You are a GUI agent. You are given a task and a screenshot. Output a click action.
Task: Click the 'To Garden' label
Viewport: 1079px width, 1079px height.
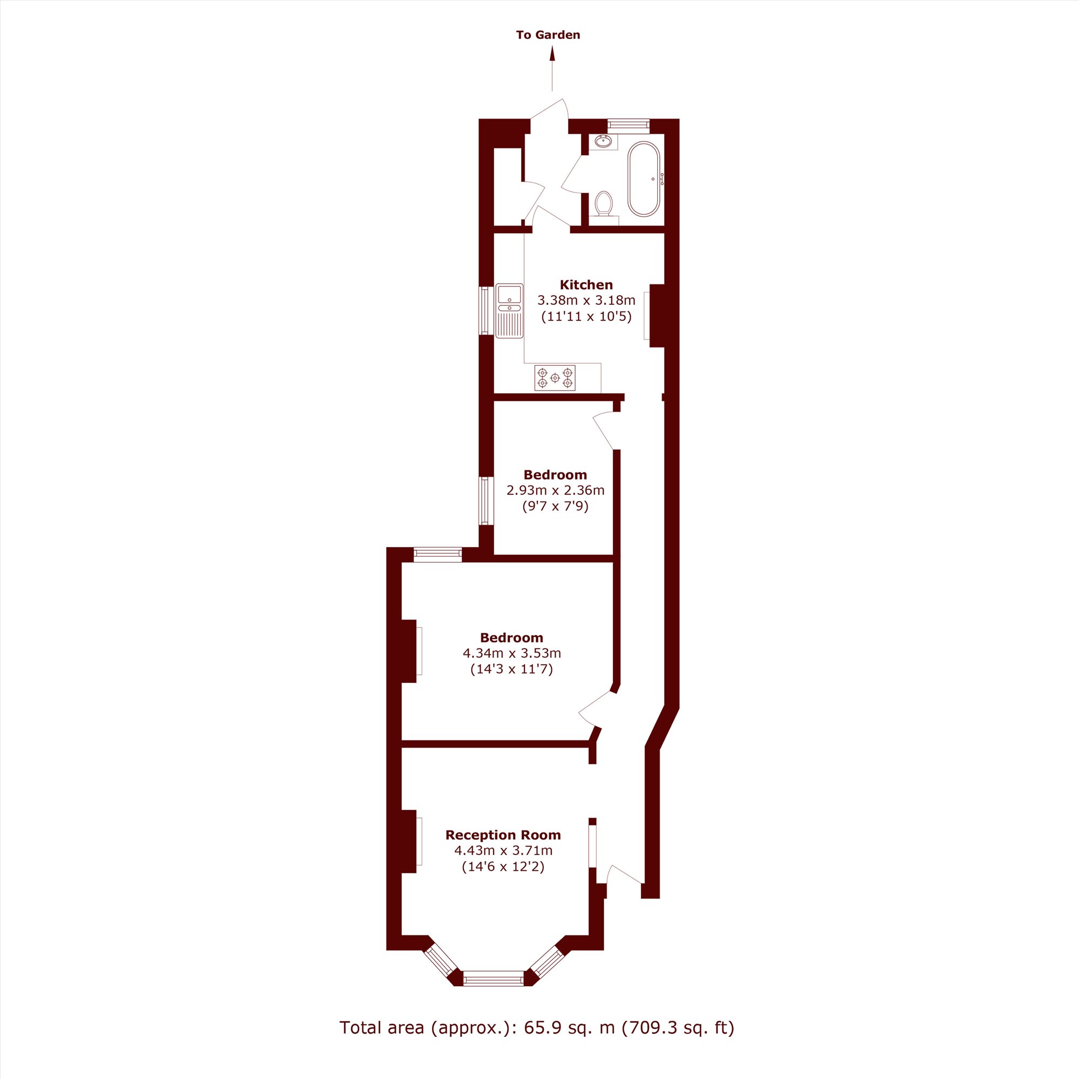[x=548, y=35]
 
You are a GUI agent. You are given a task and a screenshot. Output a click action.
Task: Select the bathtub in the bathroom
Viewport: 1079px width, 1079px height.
[x=644, y=179]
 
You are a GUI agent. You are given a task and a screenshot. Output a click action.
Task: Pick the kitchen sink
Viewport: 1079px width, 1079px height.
[x=509, y=311]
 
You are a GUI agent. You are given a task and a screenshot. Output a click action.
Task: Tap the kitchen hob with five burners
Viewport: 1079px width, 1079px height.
[x=555, y=378]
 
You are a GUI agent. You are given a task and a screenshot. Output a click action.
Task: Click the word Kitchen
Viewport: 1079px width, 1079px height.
[x=586, y=285]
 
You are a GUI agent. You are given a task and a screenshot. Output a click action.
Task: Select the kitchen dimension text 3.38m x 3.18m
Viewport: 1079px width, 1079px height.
[x=586, y=301]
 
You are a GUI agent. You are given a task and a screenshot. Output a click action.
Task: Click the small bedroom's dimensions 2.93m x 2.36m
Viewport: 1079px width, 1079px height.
[x=555, y=491]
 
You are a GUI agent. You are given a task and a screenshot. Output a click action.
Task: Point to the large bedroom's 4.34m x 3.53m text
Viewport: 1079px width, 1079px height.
[x=511, y=653]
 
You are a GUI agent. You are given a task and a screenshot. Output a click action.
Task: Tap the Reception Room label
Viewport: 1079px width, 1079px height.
[x=503, y=835]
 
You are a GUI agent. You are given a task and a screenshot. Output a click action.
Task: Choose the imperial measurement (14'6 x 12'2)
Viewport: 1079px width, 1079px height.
[x=503, y=867]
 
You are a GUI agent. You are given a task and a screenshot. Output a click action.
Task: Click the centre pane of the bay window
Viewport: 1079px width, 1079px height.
[x=494, y=994]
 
